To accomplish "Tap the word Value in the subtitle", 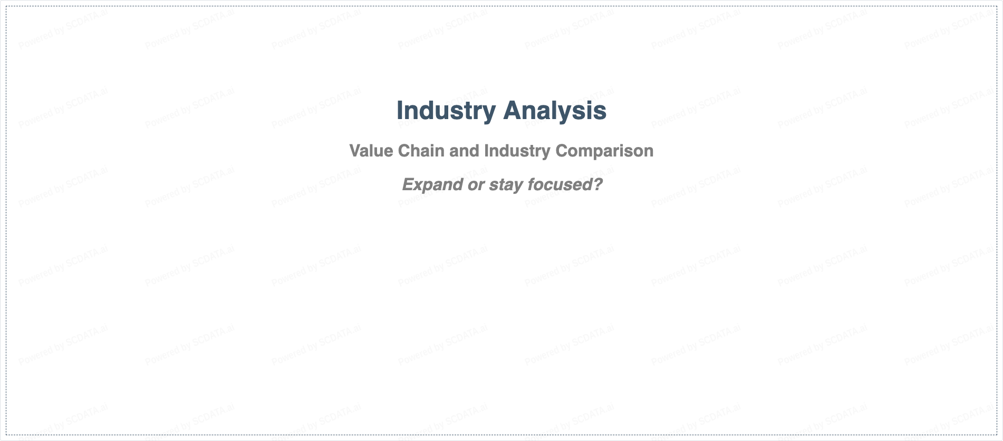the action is point(371,151).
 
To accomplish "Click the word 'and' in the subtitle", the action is point(464,151).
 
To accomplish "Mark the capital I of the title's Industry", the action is point(400,111).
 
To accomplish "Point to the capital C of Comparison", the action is point(562,151).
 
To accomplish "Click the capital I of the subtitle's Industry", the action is point(486,151).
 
